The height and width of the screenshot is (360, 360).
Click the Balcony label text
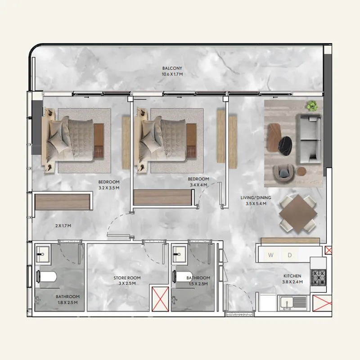point(172,68)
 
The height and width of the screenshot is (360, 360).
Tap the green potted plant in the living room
point(312,106)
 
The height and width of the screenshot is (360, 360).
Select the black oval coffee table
point(285,146)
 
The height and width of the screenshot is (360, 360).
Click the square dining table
point(298,214)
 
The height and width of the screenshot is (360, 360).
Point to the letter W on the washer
point(271,255)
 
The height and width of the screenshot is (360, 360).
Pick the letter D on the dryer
point(290,255)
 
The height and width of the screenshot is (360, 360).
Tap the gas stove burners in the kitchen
point(319,277)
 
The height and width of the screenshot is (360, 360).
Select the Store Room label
point(127,278)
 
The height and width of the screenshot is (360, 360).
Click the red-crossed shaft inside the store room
point(161,298)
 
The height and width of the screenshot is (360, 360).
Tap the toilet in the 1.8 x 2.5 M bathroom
point(47,276)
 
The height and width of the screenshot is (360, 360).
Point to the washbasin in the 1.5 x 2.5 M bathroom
point(179,254)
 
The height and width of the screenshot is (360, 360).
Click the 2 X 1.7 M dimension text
point(63,226)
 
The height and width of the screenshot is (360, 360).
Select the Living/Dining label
point(256,198)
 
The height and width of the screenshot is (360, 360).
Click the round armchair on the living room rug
point(283,173)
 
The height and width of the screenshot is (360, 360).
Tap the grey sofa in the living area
point(309,139)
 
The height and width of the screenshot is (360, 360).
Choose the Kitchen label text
point(292,276)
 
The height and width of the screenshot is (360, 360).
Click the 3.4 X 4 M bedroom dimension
point(198,185)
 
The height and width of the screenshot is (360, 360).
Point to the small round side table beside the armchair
point(301,171)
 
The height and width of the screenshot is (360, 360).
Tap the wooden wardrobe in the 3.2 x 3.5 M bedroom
point(63,202)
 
